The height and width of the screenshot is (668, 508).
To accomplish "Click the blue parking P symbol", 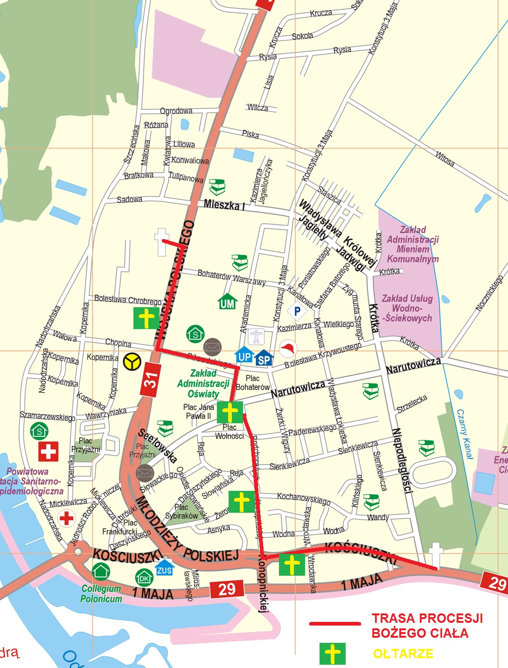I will pyautogui.click(x=297, y=311).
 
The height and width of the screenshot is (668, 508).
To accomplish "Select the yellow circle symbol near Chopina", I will pyautogui.click(x=132, y=362).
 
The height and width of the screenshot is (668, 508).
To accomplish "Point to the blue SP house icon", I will pyautogui.click(x=264, y=358).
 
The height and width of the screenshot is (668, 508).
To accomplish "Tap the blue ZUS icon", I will pyautogui.click(x=164, y=568).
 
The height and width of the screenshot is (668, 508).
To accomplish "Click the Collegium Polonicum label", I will pyautogui.click(x=101, y=594).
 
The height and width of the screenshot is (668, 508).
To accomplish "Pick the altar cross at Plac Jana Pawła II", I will pyautogui.click(x=230, y=413).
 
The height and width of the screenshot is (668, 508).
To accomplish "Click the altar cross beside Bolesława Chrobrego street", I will pyautogui.click(x=146, y=318).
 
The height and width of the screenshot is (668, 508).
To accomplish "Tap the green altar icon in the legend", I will pyautogui.click(x=332, y=654).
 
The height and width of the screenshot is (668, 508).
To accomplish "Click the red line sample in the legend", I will pyautogui.click(x=335, y=624).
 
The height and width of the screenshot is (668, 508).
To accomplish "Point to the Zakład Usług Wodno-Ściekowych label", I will pyautogui.click(x=407, y=308).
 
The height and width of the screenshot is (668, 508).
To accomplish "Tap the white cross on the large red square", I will pyautogui.click(x=49, y=451).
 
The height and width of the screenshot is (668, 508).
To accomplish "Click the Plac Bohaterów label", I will pyautogui.click(x=252, y=383).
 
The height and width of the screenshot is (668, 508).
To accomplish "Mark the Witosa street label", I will pyautogui.click(x=445, y=158).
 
